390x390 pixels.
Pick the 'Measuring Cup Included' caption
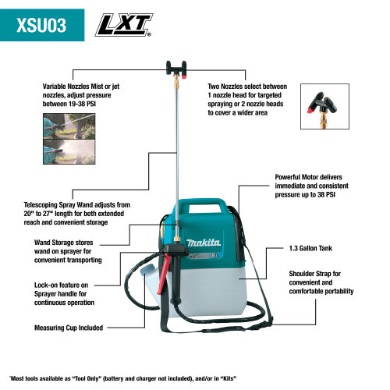[68, 328]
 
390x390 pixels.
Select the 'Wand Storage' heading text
[56, 243]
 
